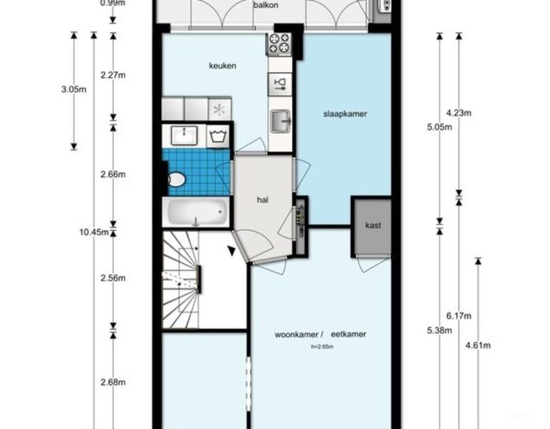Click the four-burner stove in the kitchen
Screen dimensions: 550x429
coord(279,44)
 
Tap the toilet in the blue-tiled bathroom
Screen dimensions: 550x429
coord(176,179)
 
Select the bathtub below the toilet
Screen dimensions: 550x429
coord(196,212)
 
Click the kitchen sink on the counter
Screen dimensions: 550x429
coord(281,121)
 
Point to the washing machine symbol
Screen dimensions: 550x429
coord(218,136)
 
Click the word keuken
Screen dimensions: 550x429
coord(223,66)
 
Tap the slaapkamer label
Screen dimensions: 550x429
coord(345,114)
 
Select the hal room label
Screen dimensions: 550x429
coord(263,199)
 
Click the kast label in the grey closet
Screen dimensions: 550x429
coord(373,225)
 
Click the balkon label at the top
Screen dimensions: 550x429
coord(266,5)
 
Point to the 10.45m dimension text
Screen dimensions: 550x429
coord(94,232)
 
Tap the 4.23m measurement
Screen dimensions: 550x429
coord(459,113)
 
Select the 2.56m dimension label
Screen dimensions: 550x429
coord(113,278)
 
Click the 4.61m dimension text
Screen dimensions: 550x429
coord(478,345)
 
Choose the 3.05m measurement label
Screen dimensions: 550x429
coord(74,89)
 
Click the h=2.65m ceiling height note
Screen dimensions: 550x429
coord(322,347)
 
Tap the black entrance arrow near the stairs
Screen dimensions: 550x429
coord(231,250)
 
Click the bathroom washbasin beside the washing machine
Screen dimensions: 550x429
coord(184,136)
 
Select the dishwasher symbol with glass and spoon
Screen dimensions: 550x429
coord(280,84)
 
